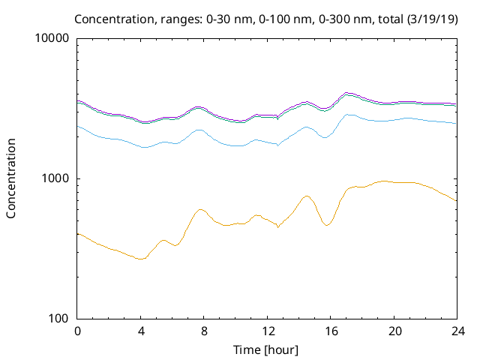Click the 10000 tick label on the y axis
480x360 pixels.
[x=52, y=38]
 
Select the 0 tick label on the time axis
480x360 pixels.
[x=77, y=331]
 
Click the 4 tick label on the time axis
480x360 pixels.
[x=140, y=331]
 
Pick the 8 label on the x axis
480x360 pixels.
[x=203, y=331]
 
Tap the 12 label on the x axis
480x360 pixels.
[x=266, y=331]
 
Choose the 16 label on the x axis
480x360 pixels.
[x=330, y=331]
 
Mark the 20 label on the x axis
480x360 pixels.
[x=393, y=331]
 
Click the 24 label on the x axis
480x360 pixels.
[x=456, y=331]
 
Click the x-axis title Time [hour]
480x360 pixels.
[x=266, y=349]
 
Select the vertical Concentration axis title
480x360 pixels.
[x=11, y=178]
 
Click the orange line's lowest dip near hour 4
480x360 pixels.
[x=139, y=259]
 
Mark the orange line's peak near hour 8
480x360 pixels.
[x=200, y=209]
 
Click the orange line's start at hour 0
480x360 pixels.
[x=78, y=233]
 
